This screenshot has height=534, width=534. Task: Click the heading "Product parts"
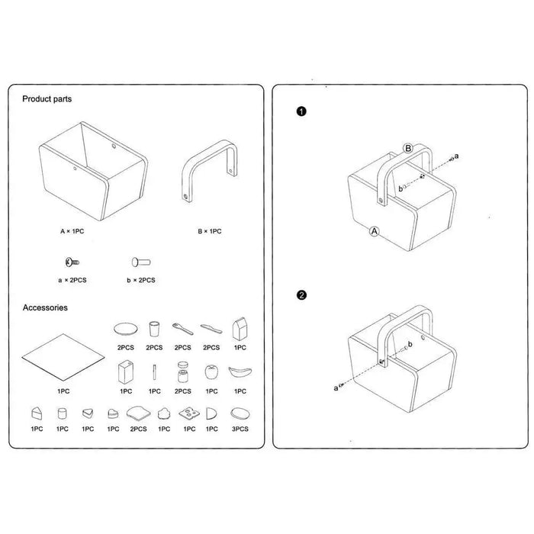point(47,99)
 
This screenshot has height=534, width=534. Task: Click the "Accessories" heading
point(45,308)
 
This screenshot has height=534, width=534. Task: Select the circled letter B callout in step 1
point(409,147)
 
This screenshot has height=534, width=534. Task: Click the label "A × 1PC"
point(73,230)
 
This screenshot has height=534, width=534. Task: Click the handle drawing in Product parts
point(207,169)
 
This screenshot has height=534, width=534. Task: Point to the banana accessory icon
point(240,372)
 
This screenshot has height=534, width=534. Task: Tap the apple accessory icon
point(211,372)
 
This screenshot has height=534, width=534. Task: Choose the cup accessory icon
point(154,329)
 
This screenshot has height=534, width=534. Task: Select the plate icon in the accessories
point(124,329)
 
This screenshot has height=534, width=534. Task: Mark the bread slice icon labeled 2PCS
point(139,413)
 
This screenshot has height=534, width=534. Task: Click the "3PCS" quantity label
point(240,429)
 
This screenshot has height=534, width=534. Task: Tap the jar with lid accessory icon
point(183,373)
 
